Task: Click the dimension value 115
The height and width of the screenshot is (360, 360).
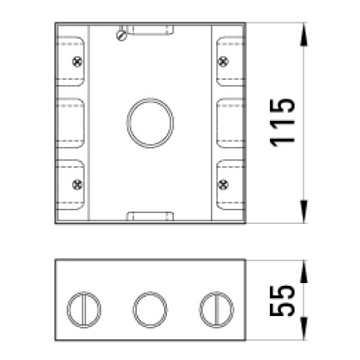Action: click(282, 122)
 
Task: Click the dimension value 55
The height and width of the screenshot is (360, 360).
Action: click(282, 300)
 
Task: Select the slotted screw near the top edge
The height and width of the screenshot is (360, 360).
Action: click(122, 35)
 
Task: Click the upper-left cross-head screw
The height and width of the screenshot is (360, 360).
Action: click(77, 62)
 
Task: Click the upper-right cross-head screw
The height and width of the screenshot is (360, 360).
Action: click(223, 62)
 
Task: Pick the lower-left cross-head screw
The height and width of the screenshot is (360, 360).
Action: click(77, 184)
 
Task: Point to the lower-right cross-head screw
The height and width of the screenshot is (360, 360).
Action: click(223, 184)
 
